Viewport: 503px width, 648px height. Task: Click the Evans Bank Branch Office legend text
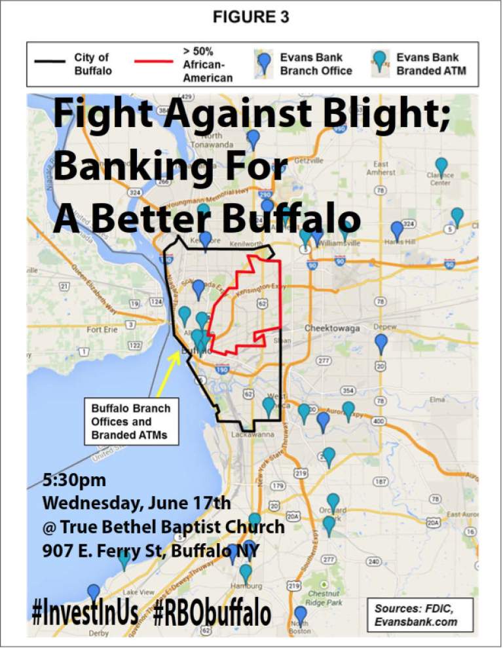[x=316, y=64]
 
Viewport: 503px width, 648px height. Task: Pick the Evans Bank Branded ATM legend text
[x=431, y=64]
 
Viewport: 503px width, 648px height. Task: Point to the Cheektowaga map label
[x=331, y=328]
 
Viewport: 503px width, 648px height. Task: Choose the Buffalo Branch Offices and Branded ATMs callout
[x=130, y=421]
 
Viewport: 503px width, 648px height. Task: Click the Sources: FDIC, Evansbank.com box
[x=419, y=615]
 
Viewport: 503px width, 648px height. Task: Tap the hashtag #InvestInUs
[x=85, y=612]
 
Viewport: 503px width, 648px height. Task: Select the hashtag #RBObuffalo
[x=213, y=613]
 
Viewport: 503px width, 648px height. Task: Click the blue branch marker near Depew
[x=381, y=343]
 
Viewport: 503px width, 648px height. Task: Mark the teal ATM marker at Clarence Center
[x=441, y=168]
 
